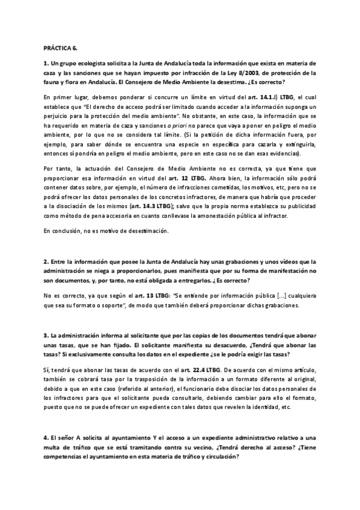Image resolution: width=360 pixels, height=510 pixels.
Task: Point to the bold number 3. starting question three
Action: click(x=46, y=334)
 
